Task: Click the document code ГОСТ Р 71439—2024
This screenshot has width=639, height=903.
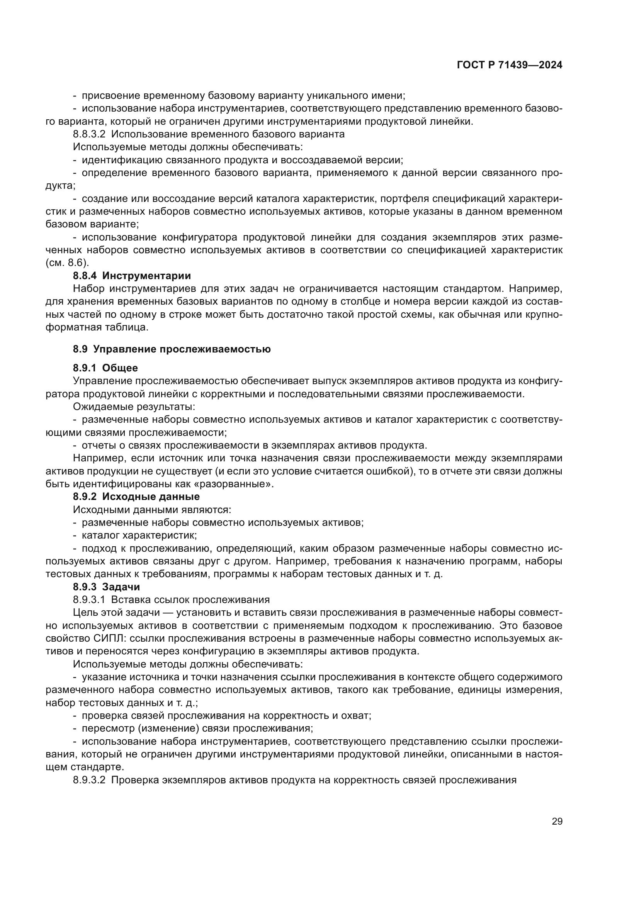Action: pos(509,65)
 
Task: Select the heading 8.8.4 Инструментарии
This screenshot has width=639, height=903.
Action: pos(132,276)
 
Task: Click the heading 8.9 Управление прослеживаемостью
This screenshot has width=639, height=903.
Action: pos(172,349)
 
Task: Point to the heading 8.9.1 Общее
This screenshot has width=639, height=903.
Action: pos(105,368)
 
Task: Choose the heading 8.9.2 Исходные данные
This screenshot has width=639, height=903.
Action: pos(136,496)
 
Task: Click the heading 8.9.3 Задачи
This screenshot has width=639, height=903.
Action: pos(106,586)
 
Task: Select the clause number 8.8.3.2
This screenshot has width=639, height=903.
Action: pos(89,134)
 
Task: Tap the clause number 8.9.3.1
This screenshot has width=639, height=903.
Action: pos(89,600)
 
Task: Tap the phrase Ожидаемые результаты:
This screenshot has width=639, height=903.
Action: pos(134,406)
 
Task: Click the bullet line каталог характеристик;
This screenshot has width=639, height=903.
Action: pos(139,535)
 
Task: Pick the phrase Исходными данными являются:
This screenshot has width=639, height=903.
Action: pos(152,510)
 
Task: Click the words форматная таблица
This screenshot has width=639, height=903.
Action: pos(97,327)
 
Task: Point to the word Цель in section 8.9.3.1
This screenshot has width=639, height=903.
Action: pos(85,612)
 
